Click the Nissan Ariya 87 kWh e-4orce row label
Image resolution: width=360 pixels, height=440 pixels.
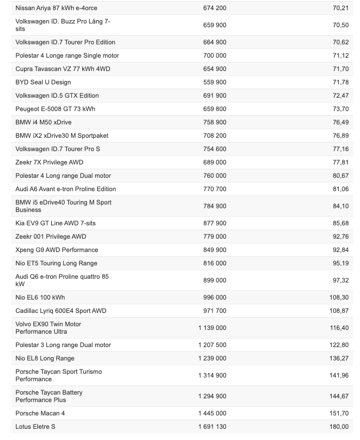pos(56,8)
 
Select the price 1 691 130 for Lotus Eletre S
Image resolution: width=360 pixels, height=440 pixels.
pos(212,427)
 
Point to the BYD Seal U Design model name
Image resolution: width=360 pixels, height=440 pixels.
pos(43,82)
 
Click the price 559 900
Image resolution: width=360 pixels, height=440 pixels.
pos(215,82)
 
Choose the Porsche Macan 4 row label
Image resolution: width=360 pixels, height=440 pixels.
pos(40,413)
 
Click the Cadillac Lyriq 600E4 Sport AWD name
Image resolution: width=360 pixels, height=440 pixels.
pos(61,311)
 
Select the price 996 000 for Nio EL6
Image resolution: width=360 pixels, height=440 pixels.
pos(215,297)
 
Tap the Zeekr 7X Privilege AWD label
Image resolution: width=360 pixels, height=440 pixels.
pos(49,162)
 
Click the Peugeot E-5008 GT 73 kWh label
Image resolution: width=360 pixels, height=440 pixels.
pos(56,109)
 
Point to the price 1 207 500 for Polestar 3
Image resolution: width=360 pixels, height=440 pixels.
pos(212,345)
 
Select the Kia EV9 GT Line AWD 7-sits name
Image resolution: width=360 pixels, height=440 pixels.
pos(56,223)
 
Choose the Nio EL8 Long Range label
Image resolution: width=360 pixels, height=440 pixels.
pos(45,358)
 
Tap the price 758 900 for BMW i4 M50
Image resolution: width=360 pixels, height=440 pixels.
pos(215,122)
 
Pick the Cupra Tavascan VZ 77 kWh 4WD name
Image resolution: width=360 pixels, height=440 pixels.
pos(63,69)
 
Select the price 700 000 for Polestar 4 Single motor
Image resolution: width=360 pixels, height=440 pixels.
pos(215,56)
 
